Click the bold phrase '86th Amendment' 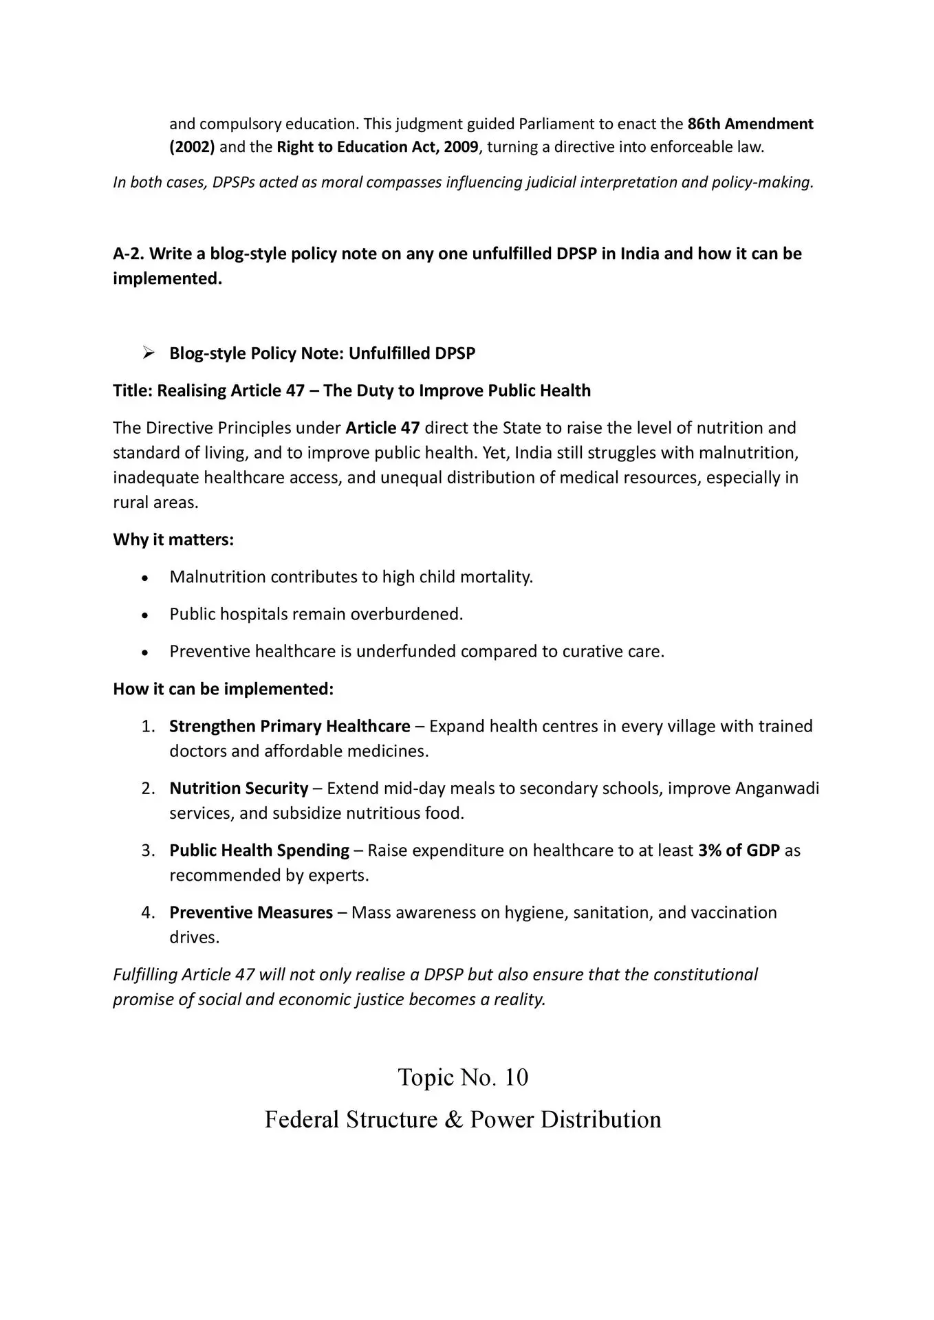pyautogui.click(x=750, y=124)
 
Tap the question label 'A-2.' pyautogui.click(x=129, y=254)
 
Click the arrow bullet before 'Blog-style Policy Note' pyautogui.click(x=147, y=353)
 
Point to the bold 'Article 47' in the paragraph pyautogui.click(x=382, y=428)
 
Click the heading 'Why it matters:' pyautogui.click(x=173, y=540)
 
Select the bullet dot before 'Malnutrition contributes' pyautogui.click(x=144, y=578)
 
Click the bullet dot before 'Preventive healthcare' pyautogui.click(x=144, y=652)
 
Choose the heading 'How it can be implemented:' pyautogui.click(x=223, y=689)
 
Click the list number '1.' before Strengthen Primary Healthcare pyautogui.click(x=148, y=727)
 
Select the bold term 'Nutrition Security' pyautogui.click(x=239, y=789)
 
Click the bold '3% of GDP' pyautogui.click(x=739, y=850)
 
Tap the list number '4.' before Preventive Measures pyautogui.click(x=148, y=913)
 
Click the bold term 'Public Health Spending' pyautogui.click(x=259, y=850)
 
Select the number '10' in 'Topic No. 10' pyautogui.click(x=516, y=1077)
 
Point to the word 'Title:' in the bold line pyautogui.click(x=133, y=390)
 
